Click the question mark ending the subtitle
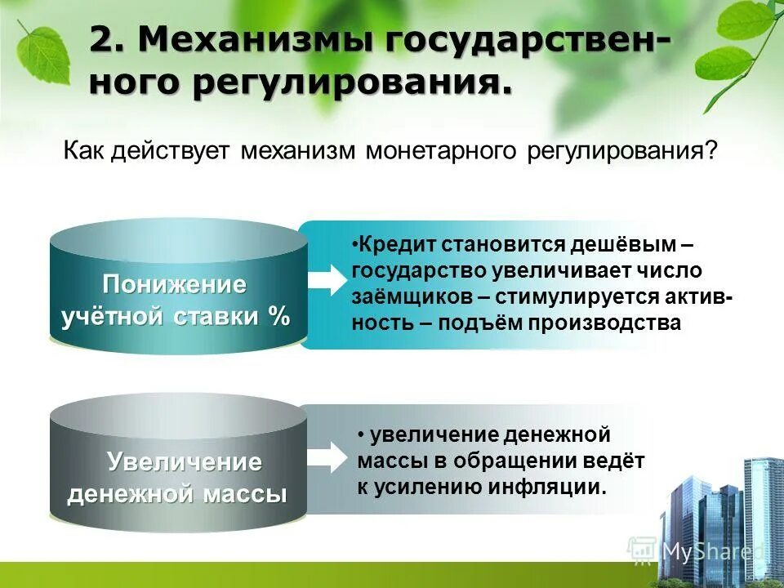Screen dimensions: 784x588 (x=711, y=152)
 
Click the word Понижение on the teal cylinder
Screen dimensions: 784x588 (x=174, y=285)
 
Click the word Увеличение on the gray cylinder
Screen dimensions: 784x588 (x=185, y=462)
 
